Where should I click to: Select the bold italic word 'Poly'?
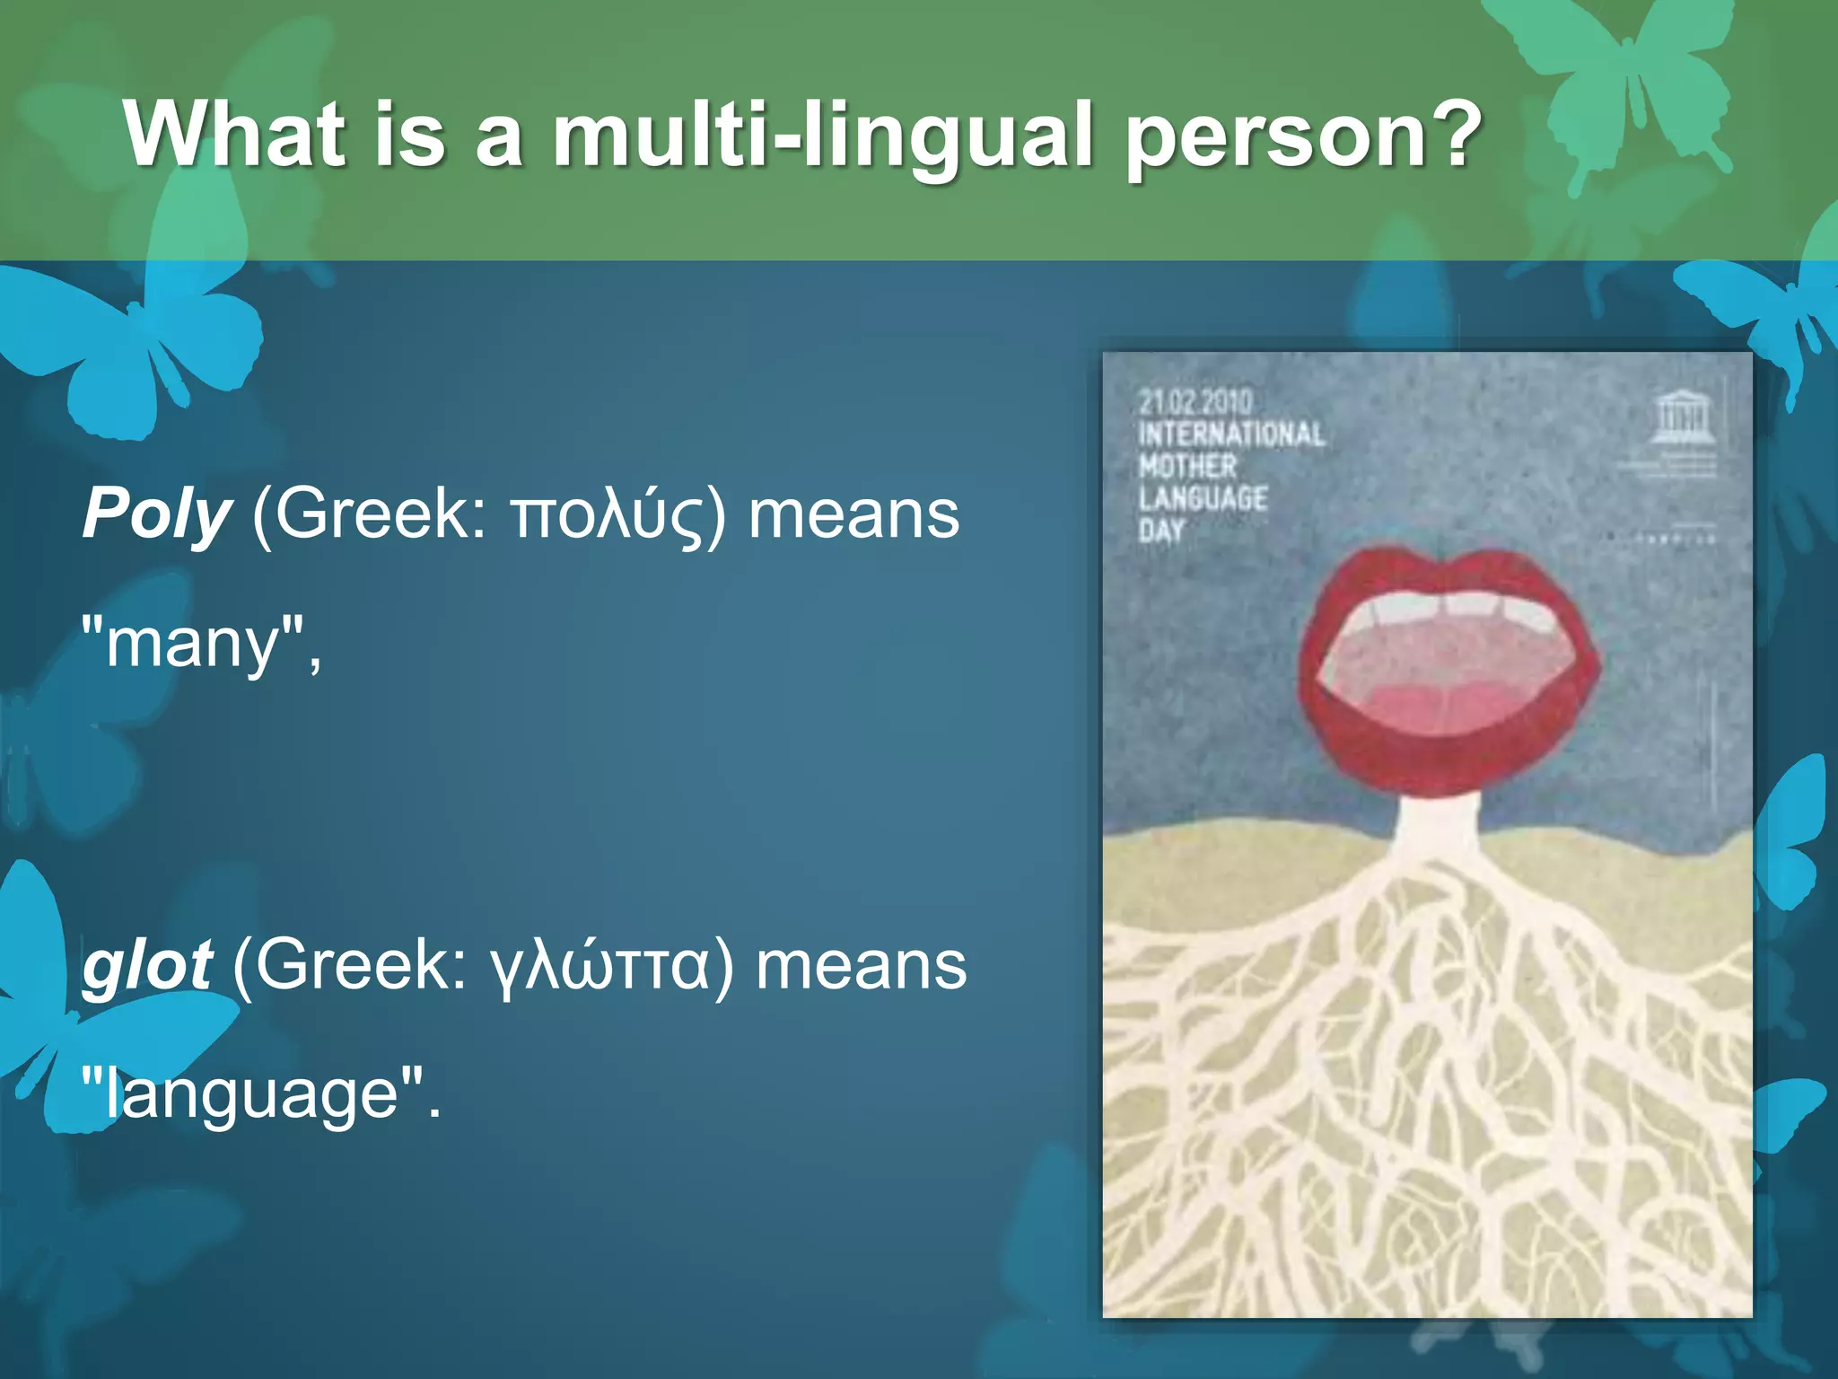(157, 515)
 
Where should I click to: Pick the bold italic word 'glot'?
(146, 966)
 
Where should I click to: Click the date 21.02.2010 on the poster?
(1195, 401)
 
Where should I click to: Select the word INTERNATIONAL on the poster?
(1231, 435)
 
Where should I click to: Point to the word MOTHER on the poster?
(1188, 467)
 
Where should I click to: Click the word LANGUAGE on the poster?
(1203, 498)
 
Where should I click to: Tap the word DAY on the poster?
(1162, 531)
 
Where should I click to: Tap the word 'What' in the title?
(235, 135)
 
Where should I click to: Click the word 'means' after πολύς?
(853, 515)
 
